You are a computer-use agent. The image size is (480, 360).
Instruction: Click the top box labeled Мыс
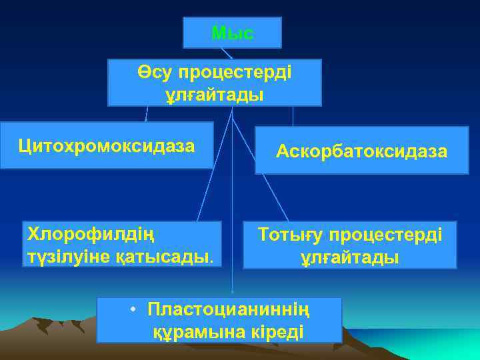[232, 33]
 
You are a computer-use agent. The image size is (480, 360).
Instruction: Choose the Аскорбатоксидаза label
[362, 152]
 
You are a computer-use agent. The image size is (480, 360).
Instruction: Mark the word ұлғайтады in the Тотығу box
[349, 257]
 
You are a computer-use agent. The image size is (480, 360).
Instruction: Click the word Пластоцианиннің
[229, 310]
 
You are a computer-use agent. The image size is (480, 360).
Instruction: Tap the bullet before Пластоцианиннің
[134, 309]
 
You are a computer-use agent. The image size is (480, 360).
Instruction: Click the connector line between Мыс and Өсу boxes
[227, 53]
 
